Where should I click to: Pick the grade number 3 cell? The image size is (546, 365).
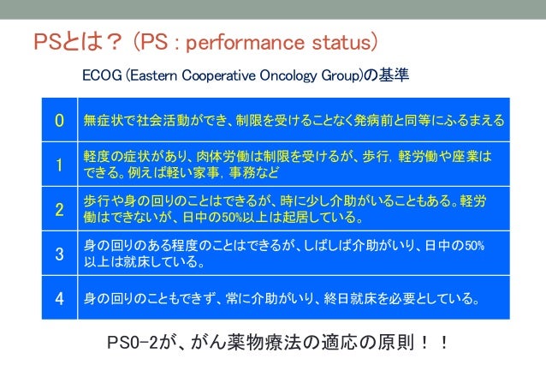(59, 254)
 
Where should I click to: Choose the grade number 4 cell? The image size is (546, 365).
(59, 299)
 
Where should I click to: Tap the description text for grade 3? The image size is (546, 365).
(283, 254)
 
